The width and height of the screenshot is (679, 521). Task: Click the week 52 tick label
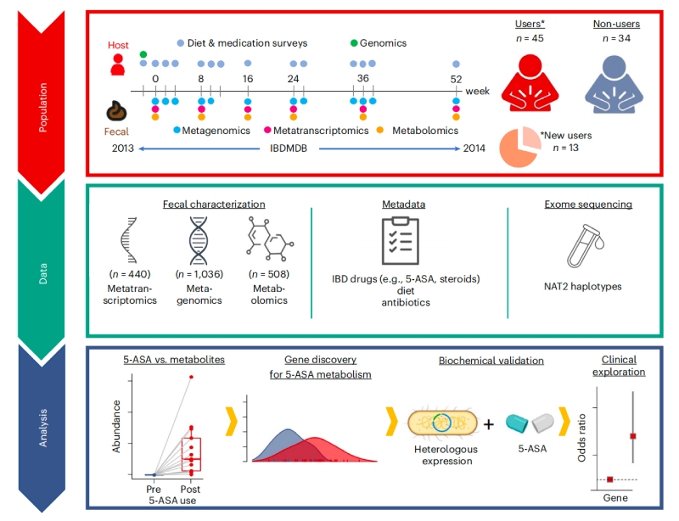(x=457, y=78)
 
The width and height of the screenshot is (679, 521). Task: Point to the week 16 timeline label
(x=247, y=78)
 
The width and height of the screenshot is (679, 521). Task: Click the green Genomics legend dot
(x=354, y=42)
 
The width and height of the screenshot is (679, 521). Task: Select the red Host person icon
(x=118, y=64)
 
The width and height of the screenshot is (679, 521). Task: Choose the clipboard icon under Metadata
(x=396, y=244)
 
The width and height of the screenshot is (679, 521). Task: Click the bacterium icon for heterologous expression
(x=442, y=424)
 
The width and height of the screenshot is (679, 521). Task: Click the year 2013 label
(x=125, y=148)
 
